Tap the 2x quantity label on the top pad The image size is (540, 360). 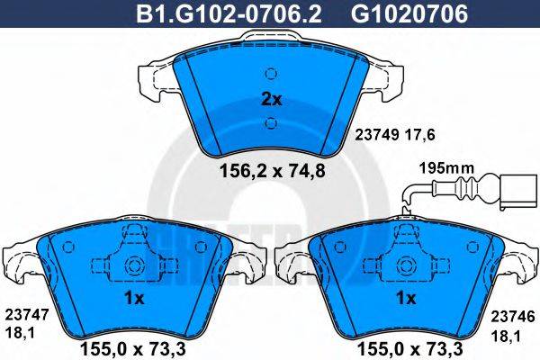(x=271, y=100)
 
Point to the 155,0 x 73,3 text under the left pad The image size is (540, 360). (x=135, y=344)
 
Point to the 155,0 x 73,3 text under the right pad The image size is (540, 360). (x=405, y=344)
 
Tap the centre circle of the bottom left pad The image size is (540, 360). (x=135, y=266)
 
